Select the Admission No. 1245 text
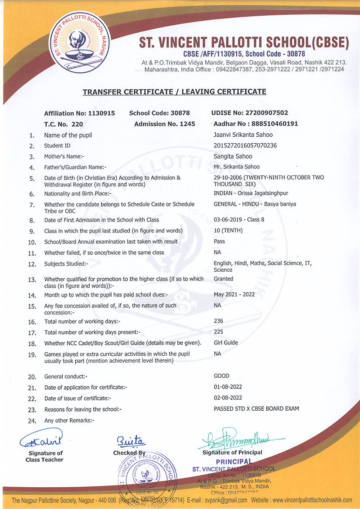pyautogui.click(x=165, y=124)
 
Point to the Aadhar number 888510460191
pyautogui.click(x=256, y=124)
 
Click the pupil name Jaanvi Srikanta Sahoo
pyautogui.click(x=243, y=135)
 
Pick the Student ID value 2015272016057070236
pyautogui.click(x=245, y=145)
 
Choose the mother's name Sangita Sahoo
pyautogui.click(x=233, y=156)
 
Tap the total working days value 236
pyautogui.click(x=218, y=321)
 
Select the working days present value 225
pyautogui.click(x=218, y=332)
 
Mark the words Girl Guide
pyautogui.click(x=226, y=343)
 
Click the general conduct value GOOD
pyautogui.click(x=221, y=376)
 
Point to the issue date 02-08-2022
pyautogui.click(x=228, y=398)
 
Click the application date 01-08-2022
pyautogui.click(x=228, y=387)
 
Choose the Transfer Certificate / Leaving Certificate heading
pyautogui.click(x=174, y=92)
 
